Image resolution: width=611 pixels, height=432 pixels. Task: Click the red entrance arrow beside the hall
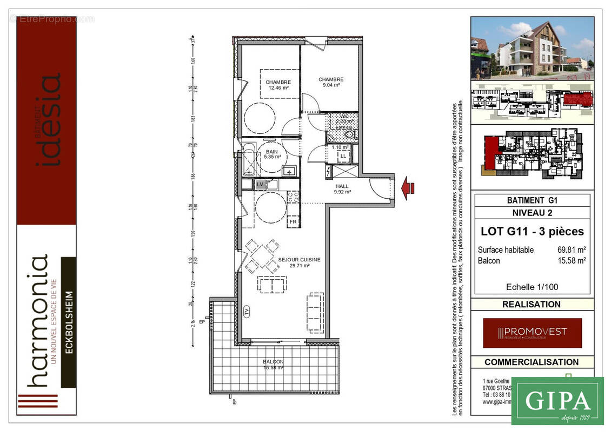point(408,187)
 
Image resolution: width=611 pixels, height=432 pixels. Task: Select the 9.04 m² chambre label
point(330,82)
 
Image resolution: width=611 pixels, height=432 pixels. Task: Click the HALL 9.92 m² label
point(342,188)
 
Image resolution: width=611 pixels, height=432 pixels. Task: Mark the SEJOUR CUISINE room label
point(299,262)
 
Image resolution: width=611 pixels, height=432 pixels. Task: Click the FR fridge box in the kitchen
point(293,222)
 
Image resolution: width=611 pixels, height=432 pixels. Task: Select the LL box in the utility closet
point(343,157)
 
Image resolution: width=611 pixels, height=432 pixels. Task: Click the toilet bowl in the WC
point(349,134)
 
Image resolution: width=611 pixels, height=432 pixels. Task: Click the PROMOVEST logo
point(532,333)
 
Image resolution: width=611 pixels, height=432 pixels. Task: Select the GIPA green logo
point(557,401)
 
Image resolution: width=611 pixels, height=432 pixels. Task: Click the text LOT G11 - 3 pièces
point(532,232)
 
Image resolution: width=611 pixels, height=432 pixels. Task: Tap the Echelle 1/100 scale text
point(532,287)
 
